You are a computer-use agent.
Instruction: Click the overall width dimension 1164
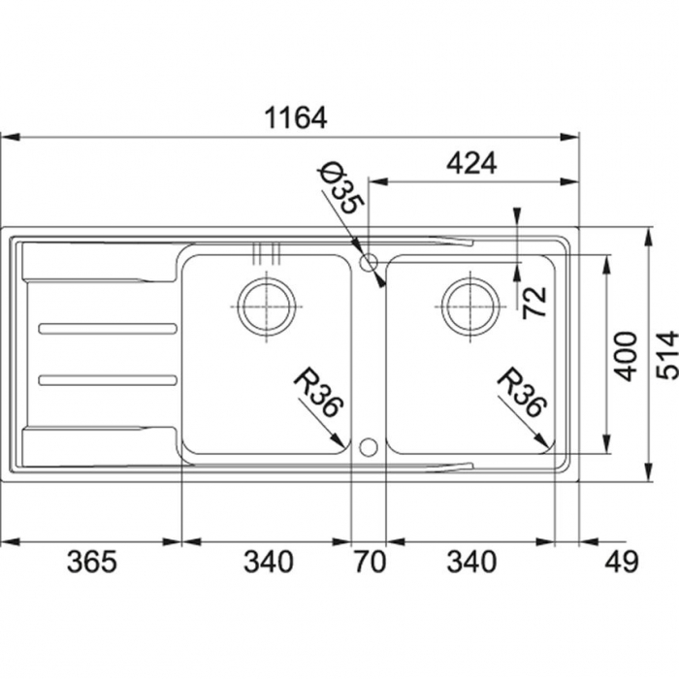[296, 118]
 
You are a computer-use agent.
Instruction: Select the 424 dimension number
[471, 164]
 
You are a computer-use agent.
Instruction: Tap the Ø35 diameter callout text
[340, 190]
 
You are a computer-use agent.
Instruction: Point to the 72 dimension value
[534, 303]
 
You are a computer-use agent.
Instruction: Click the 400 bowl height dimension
[627, 355]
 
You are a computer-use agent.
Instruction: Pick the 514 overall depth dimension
[664, 355]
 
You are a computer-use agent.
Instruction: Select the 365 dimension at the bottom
[91, 561]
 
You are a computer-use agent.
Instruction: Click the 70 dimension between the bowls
[369, 561]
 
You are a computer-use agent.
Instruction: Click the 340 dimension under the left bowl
[268, 561]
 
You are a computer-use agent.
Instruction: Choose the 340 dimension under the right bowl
[470, 561]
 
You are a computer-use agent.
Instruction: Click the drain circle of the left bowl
[267, 306]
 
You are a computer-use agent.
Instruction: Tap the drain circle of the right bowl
[470, 306]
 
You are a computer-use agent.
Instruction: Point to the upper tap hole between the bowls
[368, 262]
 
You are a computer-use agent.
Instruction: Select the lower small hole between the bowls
[368, 446]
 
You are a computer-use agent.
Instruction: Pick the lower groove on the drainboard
[108, 378]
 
